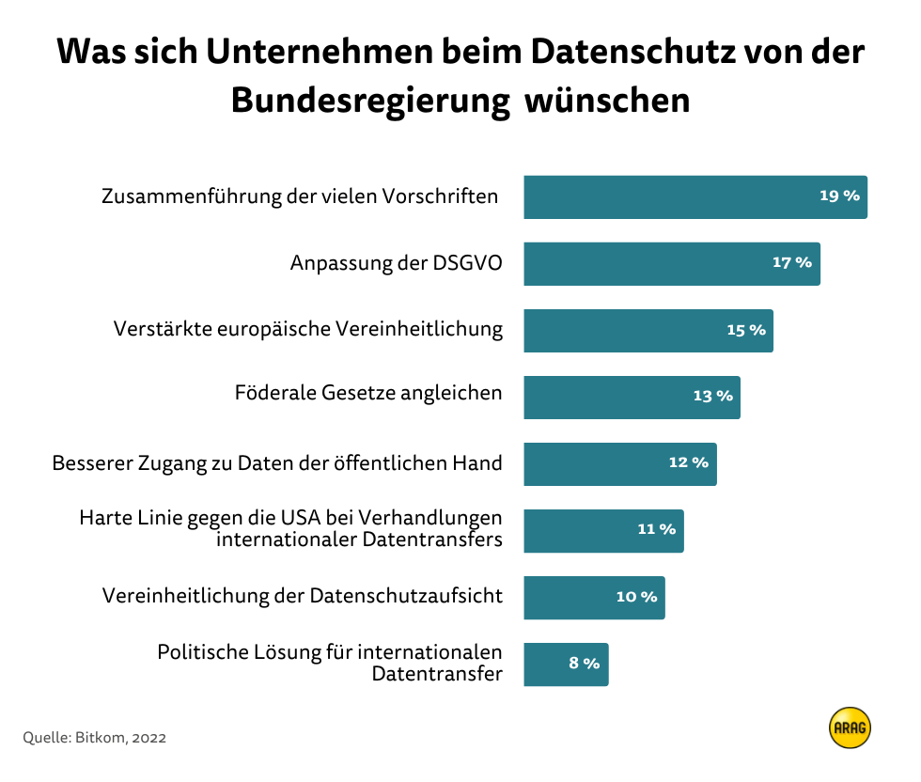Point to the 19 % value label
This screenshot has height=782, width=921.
point(839,196)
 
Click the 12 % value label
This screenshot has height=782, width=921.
point(689,463)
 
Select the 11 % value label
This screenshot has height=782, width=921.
point(656,530)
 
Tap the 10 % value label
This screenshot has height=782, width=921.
point(636,597)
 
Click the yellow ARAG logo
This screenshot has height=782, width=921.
point(850,727)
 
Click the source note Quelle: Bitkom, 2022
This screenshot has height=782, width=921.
point(94,738)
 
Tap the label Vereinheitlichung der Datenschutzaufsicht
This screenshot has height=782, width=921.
point(302,596)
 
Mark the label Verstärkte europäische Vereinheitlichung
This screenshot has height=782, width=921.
point(307,330)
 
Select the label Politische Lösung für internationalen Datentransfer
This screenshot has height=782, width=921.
point(329,663)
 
